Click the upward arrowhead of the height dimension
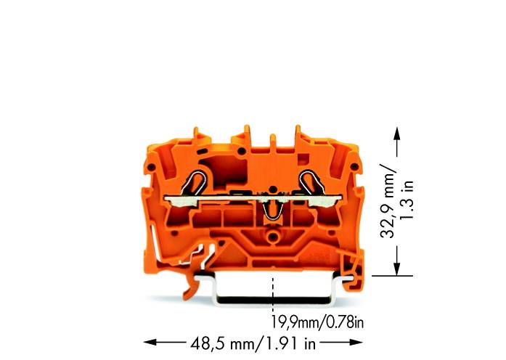click(x=396, y=134)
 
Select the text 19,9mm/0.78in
click(x=317, y=319)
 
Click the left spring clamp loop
click(x=199, y=180)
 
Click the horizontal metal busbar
click(x=254, y=197)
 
